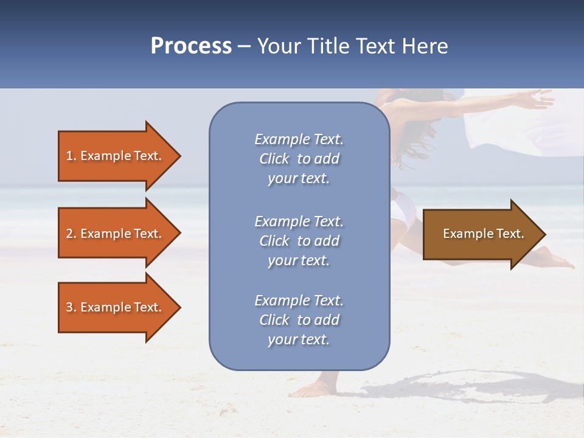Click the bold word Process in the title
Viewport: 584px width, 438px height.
click(191, 46)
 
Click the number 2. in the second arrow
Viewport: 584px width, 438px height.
click(71, 234)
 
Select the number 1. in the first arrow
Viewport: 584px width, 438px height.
click(71, 156)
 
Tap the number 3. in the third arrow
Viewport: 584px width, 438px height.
click(71, 307)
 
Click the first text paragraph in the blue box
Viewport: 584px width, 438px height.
click(299, 159)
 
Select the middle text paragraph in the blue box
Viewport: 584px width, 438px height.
click(299, 241)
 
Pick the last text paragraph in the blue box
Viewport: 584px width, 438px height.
click(299, 320)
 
